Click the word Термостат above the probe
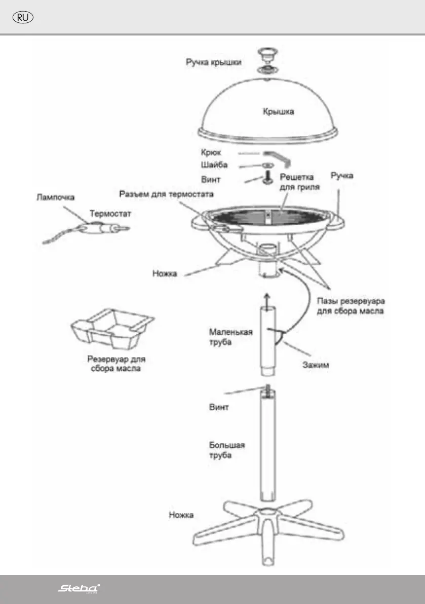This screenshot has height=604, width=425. click(110, 214)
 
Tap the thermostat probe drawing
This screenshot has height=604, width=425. click(109, 228)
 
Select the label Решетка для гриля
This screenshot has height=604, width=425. click(297, 182)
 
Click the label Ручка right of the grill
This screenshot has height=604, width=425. click(342, 176)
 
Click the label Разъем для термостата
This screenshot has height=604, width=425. click(166, 194)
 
